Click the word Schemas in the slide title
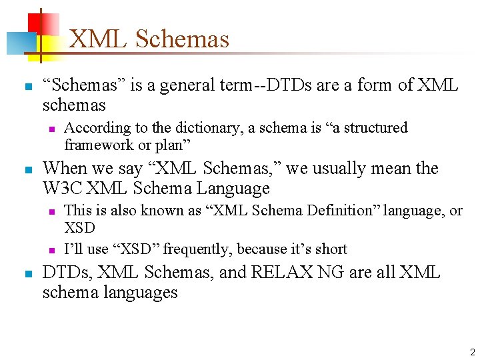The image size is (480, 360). click(x=182, y=39)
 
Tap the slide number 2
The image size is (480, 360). click(x=472, y=352)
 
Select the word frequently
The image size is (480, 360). click(x=196, y=249)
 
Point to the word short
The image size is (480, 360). click(x=331, y=249)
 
